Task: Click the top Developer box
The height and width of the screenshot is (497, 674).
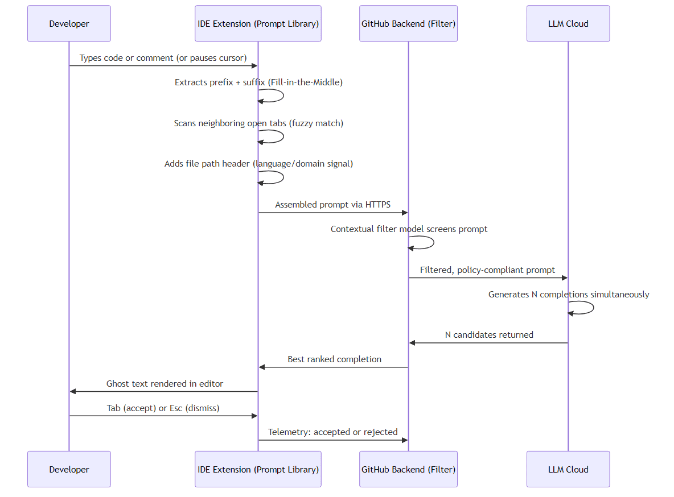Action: (x=69, y=24)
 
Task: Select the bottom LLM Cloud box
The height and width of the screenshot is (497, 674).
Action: (x=568, y=469)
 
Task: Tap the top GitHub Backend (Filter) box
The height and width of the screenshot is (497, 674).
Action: (x=408, y=24)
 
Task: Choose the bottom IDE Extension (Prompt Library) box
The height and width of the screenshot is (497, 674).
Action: (x=258, y=469)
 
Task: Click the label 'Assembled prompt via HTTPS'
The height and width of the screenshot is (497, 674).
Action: (x=332, y=205)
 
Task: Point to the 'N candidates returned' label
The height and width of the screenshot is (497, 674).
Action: (x=488, y=335)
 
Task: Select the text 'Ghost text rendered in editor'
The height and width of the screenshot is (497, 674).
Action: (x=165, y=384)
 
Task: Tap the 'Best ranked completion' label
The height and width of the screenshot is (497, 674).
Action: (x=334, y=359)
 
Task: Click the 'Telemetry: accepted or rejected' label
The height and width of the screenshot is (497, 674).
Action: (x=332, y=432)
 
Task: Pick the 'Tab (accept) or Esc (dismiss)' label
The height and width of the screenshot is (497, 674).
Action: (x=163, y=408)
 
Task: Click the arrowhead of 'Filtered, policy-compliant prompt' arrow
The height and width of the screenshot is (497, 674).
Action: (x=564, y=278)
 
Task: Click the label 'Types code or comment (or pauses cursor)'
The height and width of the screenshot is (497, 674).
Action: (x=163, y=58)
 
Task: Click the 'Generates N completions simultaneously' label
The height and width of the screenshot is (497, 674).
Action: (x=568, y=295)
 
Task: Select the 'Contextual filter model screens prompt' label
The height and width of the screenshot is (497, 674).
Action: (x=409, y=229)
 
